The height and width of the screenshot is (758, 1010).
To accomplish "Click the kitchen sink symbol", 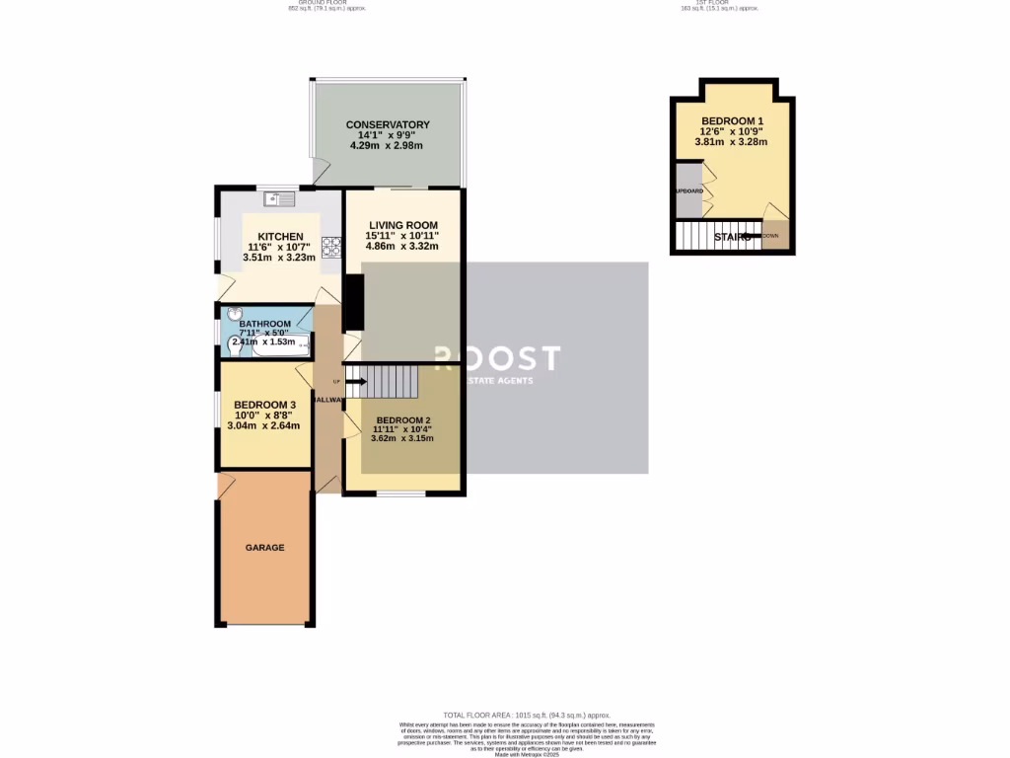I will (280, 199).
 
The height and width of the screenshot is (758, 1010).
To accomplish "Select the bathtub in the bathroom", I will (282, 344).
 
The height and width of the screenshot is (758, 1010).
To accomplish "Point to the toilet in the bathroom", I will (234, 347).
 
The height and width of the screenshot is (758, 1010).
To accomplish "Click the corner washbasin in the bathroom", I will (234, 316).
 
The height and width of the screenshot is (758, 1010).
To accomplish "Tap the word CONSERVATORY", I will (388, 124).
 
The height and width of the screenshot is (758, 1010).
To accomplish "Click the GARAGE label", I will (265, 548).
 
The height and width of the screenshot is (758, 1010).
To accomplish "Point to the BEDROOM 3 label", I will (264, 406).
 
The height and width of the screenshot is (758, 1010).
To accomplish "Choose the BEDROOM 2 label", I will (402, 418).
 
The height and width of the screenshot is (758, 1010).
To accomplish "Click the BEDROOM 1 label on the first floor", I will (732, 120).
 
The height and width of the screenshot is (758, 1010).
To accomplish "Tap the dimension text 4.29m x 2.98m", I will (386, 146).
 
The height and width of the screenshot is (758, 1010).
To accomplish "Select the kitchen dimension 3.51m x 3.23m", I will (279, 258).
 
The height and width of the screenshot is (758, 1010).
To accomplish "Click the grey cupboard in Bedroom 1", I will (688, 190).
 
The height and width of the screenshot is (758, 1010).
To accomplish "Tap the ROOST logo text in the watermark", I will (498, 358).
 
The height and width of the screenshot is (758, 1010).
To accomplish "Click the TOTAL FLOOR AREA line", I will (527, 715).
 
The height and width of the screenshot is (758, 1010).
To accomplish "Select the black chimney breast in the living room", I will (352, 303).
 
